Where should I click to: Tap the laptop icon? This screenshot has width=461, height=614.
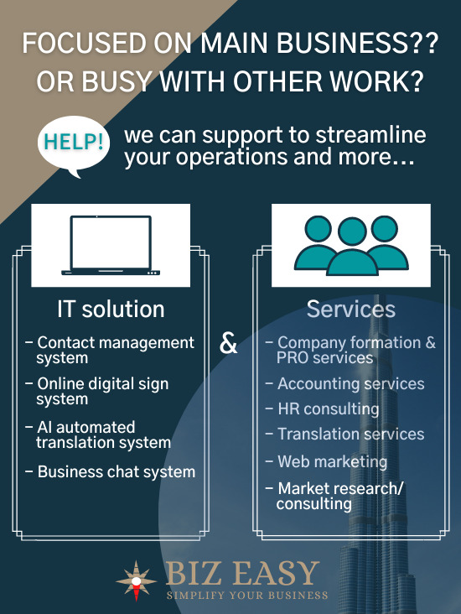(x=111, y=246)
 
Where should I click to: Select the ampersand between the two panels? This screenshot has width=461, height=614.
(x=229, y=343)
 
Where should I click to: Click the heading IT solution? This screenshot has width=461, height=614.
(x=111, y=309)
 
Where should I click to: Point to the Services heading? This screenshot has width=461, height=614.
(x=351, y=309)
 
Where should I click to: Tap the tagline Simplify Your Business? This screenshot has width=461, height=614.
(x=247, y=596)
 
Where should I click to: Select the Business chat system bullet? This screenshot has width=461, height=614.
(x=111, y=472)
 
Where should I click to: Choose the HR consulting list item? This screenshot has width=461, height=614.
(x=323, y=409)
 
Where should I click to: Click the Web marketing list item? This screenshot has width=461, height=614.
(x=326, y=461)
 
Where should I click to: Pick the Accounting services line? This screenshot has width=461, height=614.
(x=344, y=384)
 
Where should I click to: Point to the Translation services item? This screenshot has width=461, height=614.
(x=344, y=434)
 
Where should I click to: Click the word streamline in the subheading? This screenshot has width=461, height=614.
(x=371, y=135)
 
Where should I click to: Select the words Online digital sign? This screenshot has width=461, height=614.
(x=103, y=384)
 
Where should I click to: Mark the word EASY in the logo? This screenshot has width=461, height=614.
(x=277, y=573)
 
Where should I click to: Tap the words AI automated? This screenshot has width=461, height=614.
(x=86, y=427)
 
